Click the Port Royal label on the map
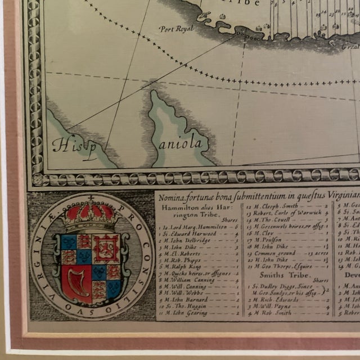coord(175,29)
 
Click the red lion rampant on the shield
coord(107,248)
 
